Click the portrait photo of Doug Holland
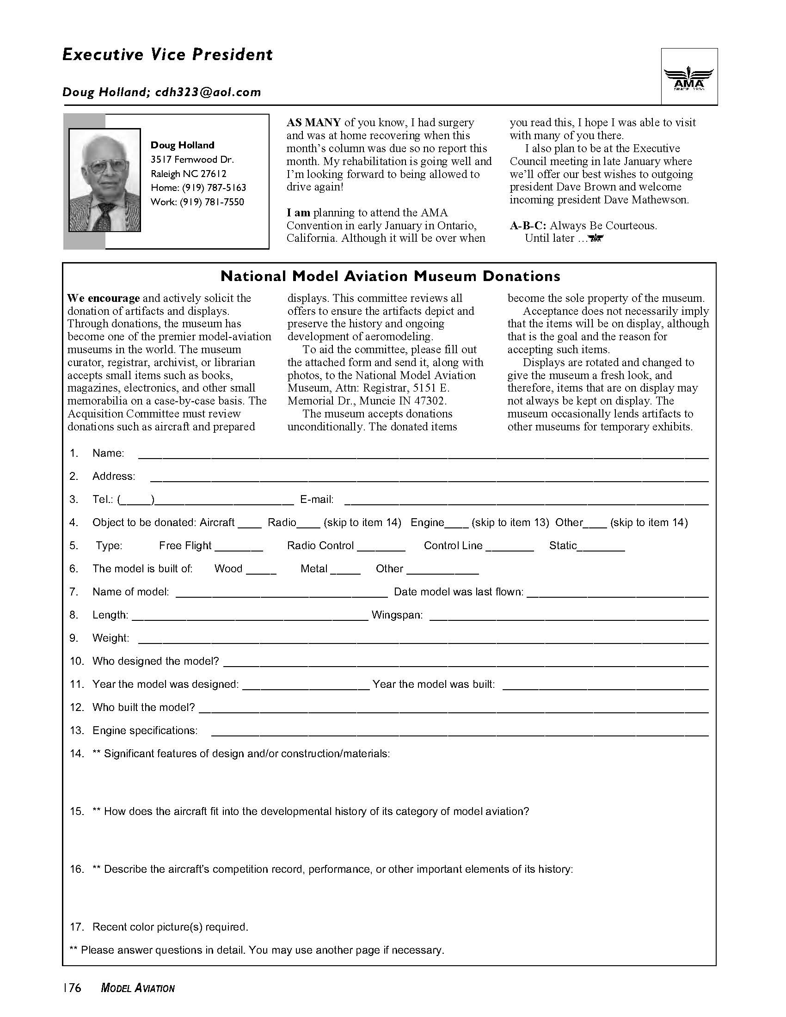105,180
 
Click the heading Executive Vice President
167,55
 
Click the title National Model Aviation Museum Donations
390,276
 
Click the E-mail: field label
317,500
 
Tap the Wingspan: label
397,615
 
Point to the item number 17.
77,927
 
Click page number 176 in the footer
72,988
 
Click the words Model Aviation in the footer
138,989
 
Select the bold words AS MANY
313,123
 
